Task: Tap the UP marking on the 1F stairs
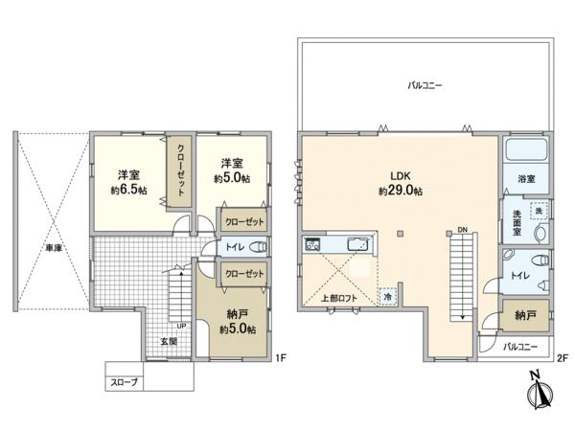tap(178, 324)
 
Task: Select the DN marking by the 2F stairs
tap(462, 230)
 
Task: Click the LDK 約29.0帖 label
tap(400, 183)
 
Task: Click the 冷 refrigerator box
tap(387, 296)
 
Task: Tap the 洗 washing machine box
tap(539, 210)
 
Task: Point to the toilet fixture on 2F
tap(540, 260)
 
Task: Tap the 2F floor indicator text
tap(563, 358)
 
